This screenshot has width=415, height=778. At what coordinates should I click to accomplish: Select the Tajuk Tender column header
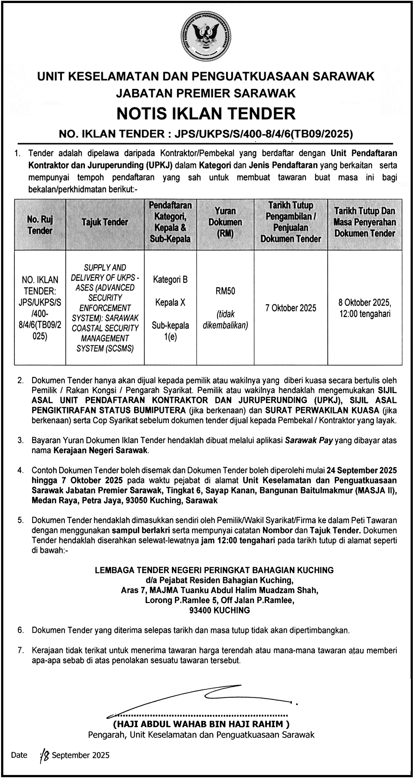click(x=105, y=223)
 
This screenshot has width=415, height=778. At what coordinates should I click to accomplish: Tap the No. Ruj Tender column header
click(x=40, y=225)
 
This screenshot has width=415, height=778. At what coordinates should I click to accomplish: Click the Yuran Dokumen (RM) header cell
click(x=225, y=222)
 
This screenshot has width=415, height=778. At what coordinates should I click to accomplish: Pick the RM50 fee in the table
click(x=225, y=291)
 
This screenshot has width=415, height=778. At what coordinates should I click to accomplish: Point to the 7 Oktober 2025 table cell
click(x=291, y=308)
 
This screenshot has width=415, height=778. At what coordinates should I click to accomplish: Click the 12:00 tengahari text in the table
click(x=364, y=314)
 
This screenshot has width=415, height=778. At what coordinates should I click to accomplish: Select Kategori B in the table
click(x=170, y=280)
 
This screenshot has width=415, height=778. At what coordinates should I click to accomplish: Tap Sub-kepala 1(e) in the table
click(x=170, y=331)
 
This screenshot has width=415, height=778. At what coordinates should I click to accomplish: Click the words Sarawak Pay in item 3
click(x=309, y=441)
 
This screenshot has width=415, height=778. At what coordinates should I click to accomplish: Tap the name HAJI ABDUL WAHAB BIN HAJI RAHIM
click(x=201, y=724)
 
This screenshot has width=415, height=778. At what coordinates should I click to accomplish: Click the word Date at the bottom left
click(x=19, y=755)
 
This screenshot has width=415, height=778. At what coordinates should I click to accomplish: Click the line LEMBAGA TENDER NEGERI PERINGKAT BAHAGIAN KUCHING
click(x=214, y=570)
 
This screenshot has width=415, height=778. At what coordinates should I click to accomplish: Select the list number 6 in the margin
click(x=21, y=630)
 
